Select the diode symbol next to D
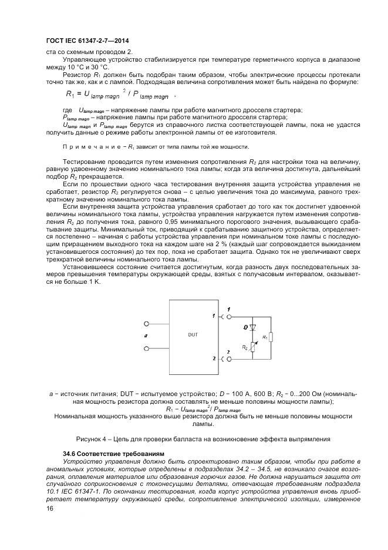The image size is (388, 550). pos(253,326)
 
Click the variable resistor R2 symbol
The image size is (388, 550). pos(253,347)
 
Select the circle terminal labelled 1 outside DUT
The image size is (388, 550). pos(222,317)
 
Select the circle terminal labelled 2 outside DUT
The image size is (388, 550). pos(222,357)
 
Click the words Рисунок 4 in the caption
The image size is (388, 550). pos(92,438)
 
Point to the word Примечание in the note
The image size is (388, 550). pos(89,146)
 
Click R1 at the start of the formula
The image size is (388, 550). pos(72,94)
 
